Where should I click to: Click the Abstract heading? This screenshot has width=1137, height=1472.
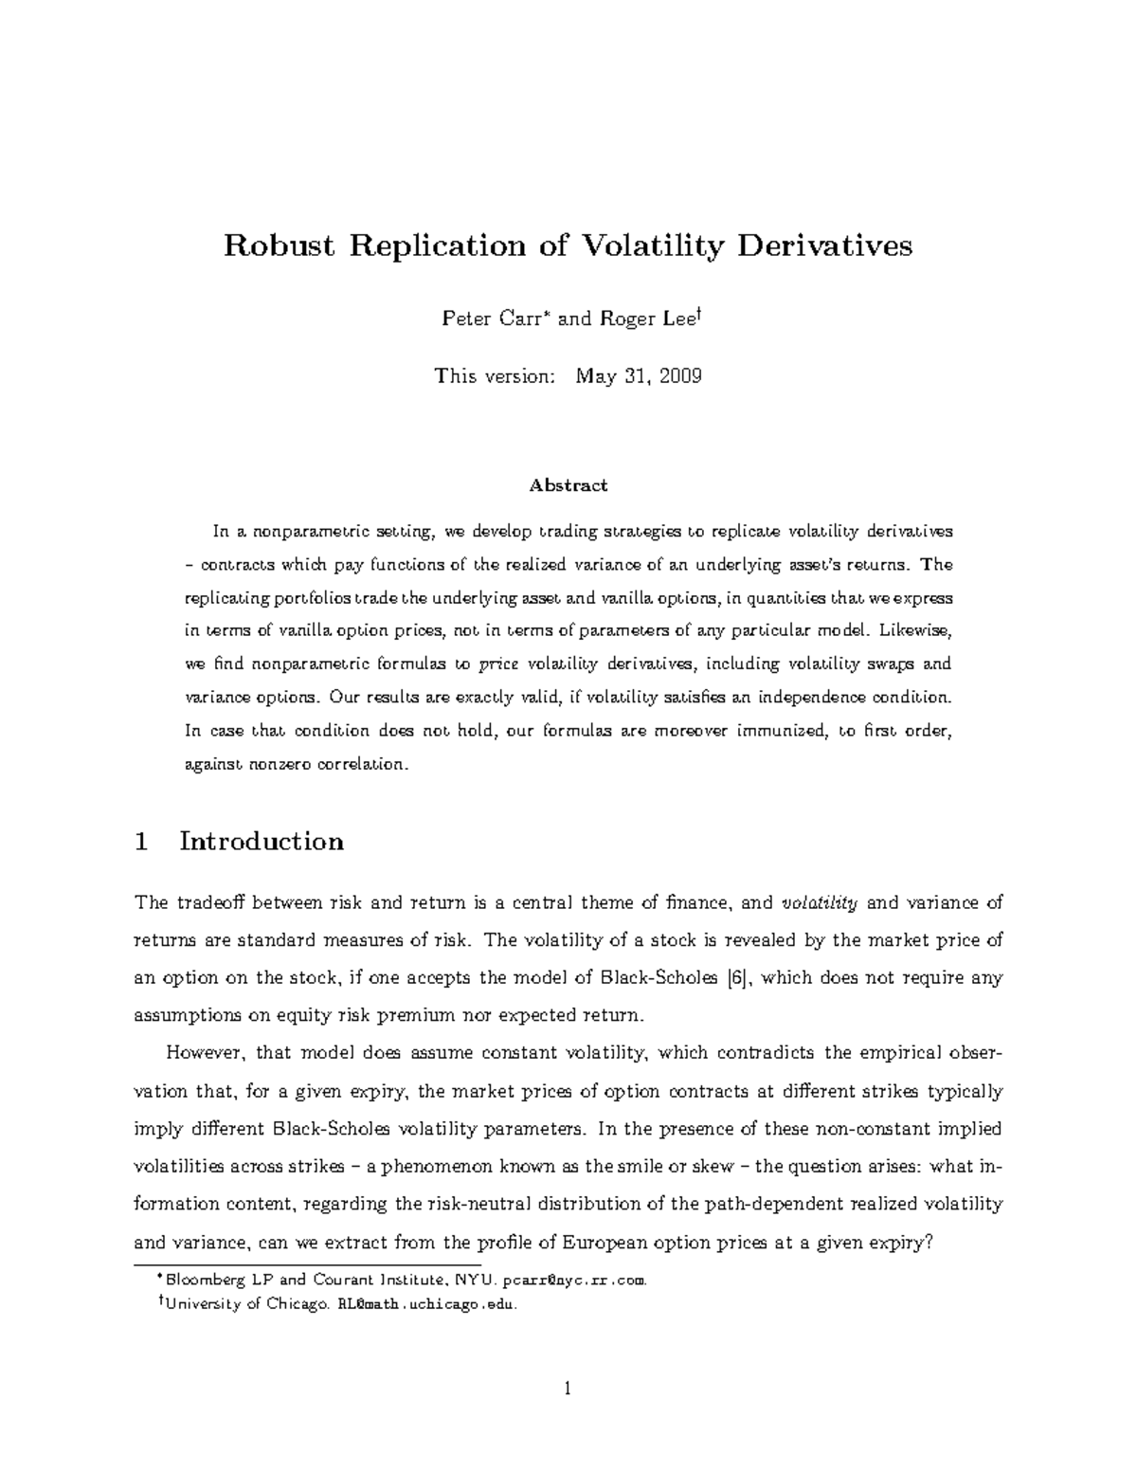pos(568,486)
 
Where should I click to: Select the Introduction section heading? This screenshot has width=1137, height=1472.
pos(262,842)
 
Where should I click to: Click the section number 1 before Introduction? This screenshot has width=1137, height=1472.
pos(142,842)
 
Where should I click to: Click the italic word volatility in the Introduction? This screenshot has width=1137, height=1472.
pos(819,903)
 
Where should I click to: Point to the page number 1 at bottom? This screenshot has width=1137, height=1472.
pos(568,1390)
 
